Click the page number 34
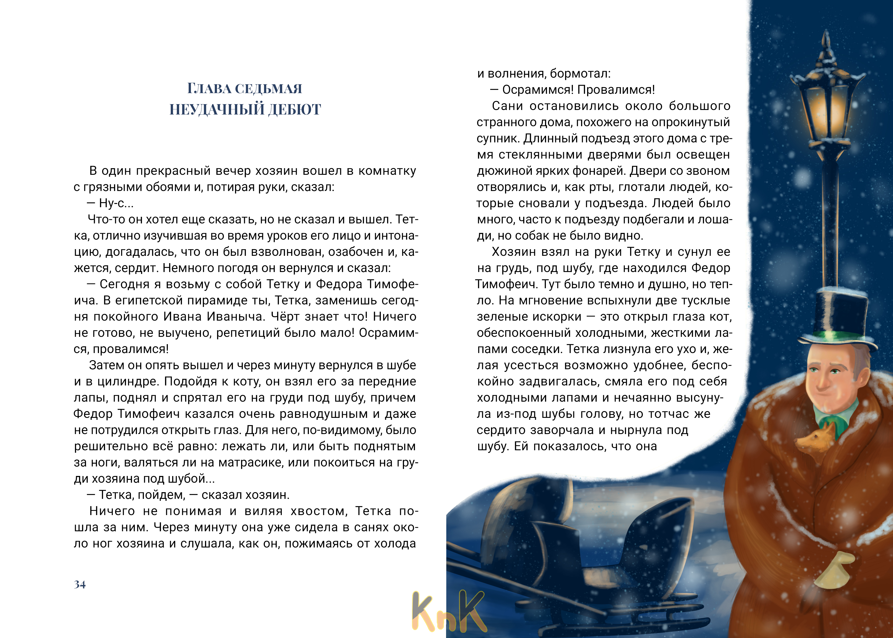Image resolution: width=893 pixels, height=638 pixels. [80, 585]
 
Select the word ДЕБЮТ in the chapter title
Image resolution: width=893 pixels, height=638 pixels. [294, 110]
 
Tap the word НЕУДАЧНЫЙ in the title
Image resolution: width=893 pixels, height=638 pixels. [216, 110]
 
